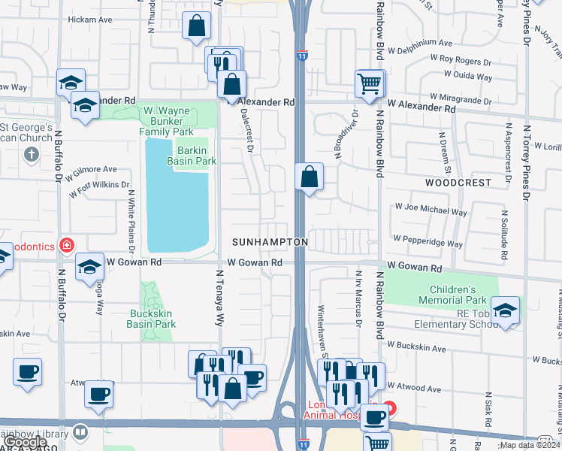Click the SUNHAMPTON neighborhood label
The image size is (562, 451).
(270, 242)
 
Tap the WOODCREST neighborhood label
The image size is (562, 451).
(458, 183)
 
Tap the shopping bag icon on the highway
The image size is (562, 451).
(309, 179)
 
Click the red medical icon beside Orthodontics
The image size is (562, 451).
(67, 245)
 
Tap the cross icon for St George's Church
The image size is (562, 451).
(31, 154)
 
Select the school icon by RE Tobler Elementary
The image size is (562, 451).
(505, 310)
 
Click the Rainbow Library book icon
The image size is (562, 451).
(80, 432)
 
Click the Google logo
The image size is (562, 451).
(26, 442)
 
